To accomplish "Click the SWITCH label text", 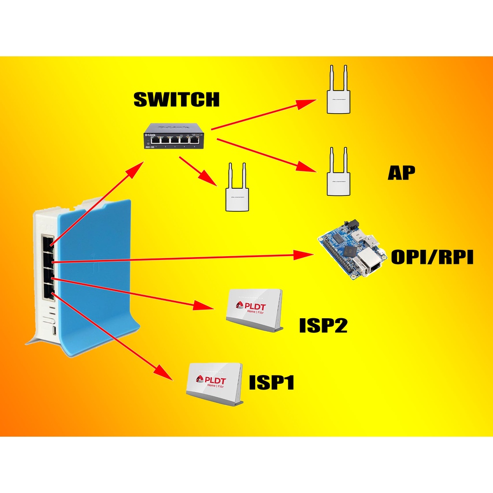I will pos(176,100).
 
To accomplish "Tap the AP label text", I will pos(401,173).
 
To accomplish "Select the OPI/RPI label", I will pos(432,258).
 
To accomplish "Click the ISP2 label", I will pos(323,325).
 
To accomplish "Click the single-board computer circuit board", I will pos(352,250).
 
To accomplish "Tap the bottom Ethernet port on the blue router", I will pos(49,291).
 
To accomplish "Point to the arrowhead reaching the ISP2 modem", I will pos(205,306).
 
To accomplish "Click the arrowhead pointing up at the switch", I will pos(137,169).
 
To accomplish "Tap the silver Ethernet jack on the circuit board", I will pos(371,264).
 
